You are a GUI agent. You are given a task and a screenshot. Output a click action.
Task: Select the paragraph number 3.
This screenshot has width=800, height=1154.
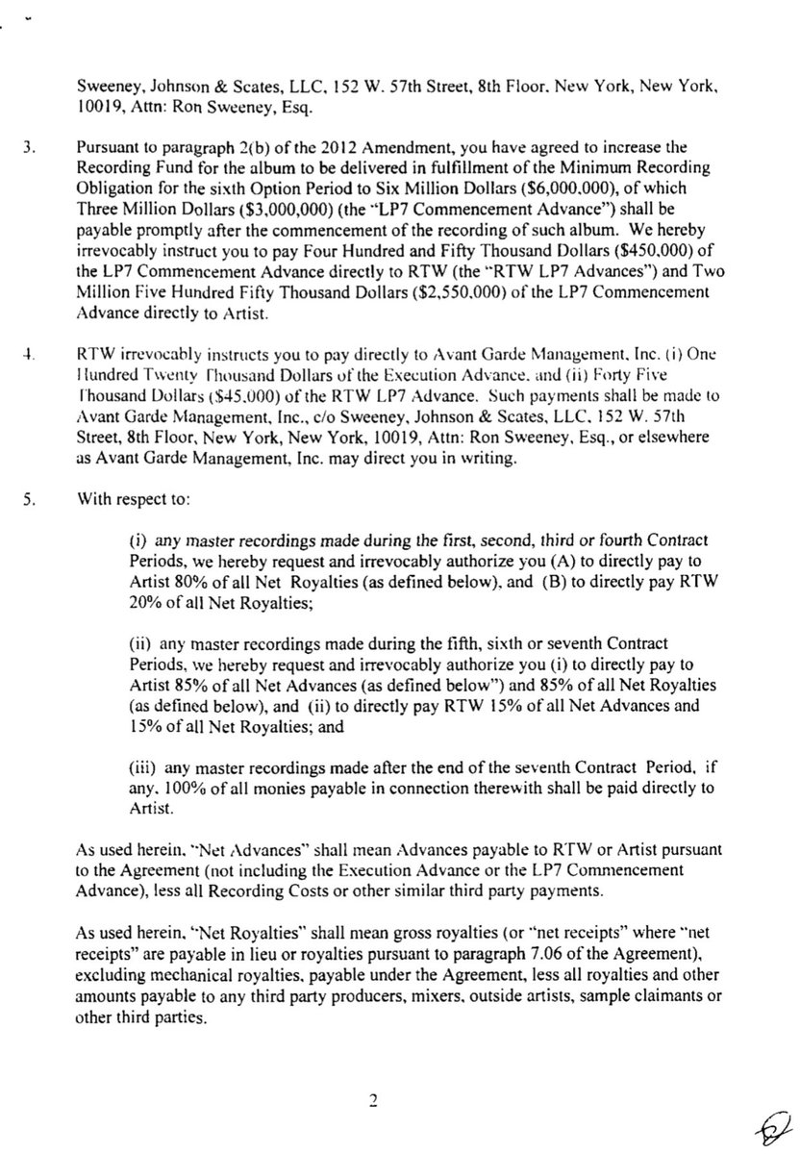click(x=31, y=149)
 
